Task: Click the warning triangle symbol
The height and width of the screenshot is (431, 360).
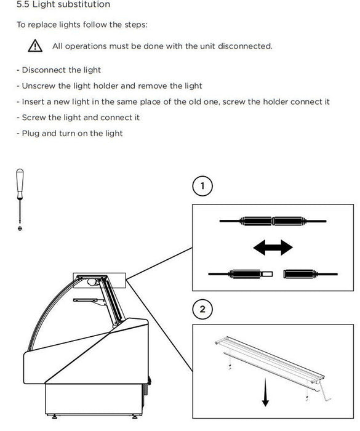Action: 35,46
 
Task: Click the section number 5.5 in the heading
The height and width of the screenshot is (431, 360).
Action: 23,4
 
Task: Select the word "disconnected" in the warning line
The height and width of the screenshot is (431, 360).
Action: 245,46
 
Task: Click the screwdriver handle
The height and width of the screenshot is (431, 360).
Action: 20,183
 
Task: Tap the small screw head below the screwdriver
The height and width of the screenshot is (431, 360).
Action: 20,228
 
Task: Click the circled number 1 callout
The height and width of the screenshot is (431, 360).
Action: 202,186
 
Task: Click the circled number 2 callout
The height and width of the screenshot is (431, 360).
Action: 202,309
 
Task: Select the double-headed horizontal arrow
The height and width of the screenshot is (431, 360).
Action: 273,248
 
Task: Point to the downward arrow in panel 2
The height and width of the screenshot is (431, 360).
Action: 265,392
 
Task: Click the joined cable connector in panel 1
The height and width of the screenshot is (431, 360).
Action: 273,221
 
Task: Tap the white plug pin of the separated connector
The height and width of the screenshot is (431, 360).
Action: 267,274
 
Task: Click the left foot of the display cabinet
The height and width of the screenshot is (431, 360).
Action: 54,417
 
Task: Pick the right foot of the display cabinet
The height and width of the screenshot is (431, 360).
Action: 135,417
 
